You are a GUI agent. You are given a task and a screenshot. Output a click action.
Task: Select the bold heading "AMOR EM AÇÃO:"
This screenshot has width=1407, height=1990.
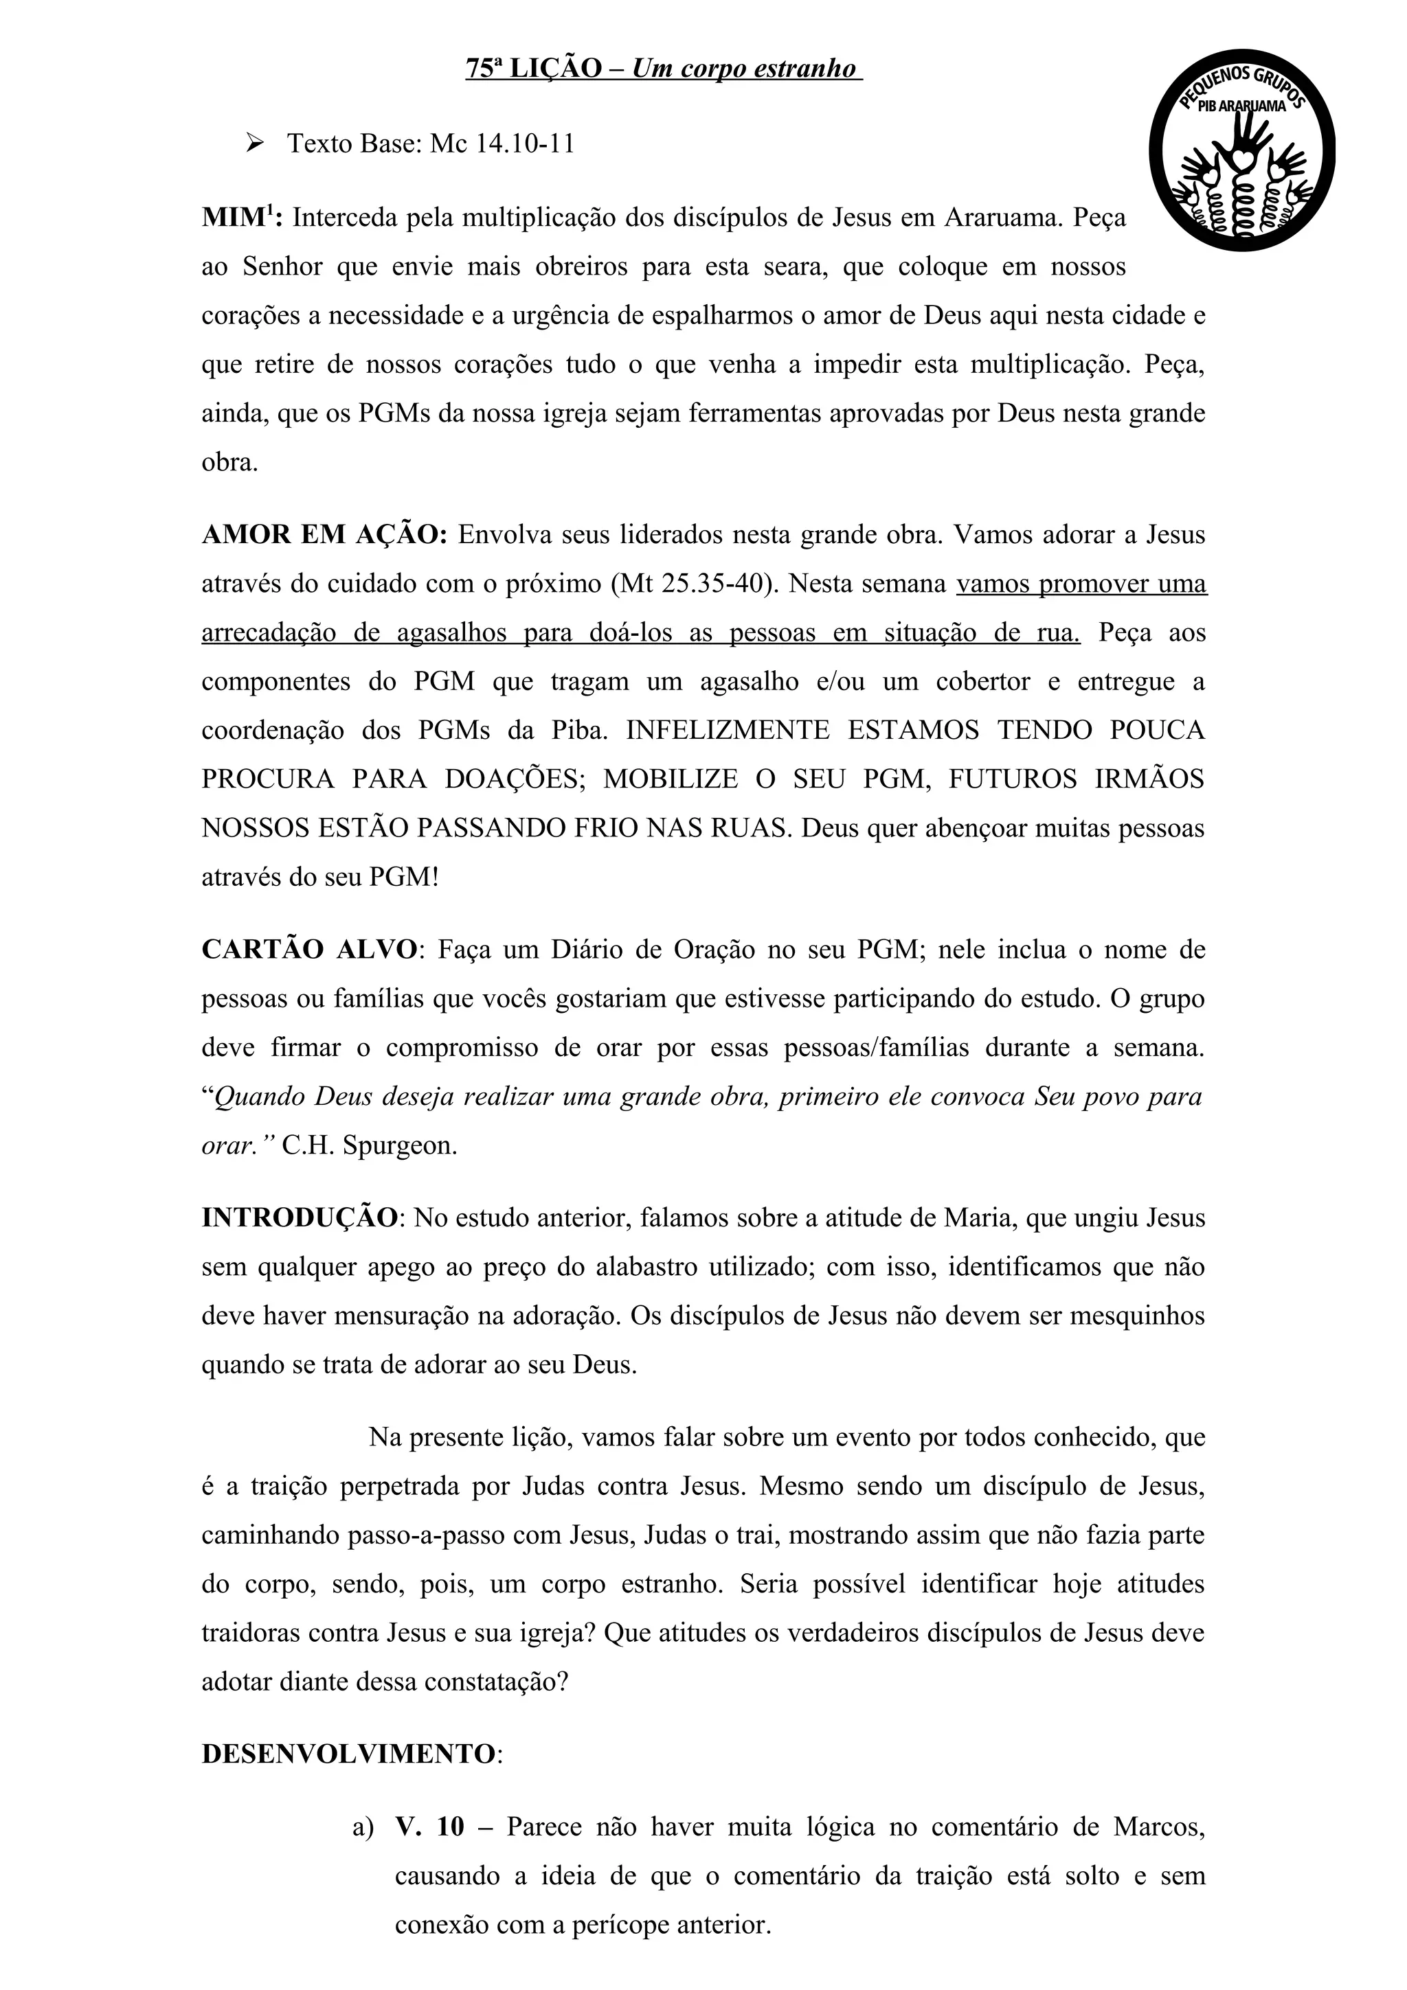324,535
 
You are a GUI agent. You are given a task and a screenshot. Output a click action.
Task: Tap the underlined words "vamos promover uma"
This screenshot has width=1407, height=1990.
1081,583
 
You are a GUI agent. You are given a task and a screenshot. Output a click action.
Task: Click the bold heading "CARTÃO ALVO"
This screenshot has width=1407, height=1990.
309,949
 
